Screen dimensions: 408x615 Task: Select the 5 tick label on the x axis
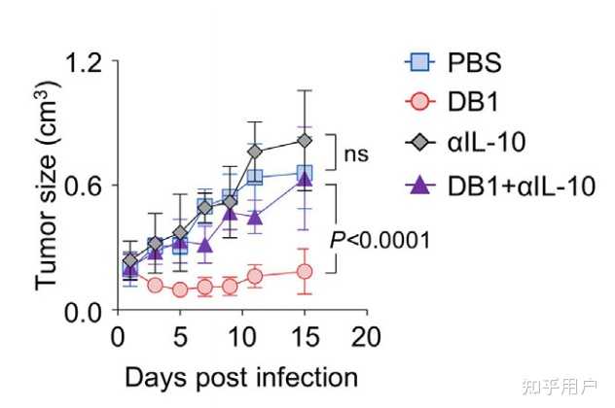[x=180, y=337]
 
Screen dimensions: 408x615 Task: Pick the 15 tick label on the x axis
[x=305, y=337]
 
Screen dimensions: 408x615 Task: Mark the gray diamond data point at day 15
[x=305, y=140]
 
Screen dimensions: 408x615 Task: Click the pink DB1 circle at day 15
[x=305, y=271]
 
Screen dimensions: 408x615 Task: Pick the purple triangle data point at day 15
[x=305, y=179]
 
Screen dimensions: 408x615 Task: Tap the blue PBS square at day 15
[x=305, y=172]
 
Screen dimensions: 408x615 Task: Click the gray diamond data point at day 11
[x=255, y=152]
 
